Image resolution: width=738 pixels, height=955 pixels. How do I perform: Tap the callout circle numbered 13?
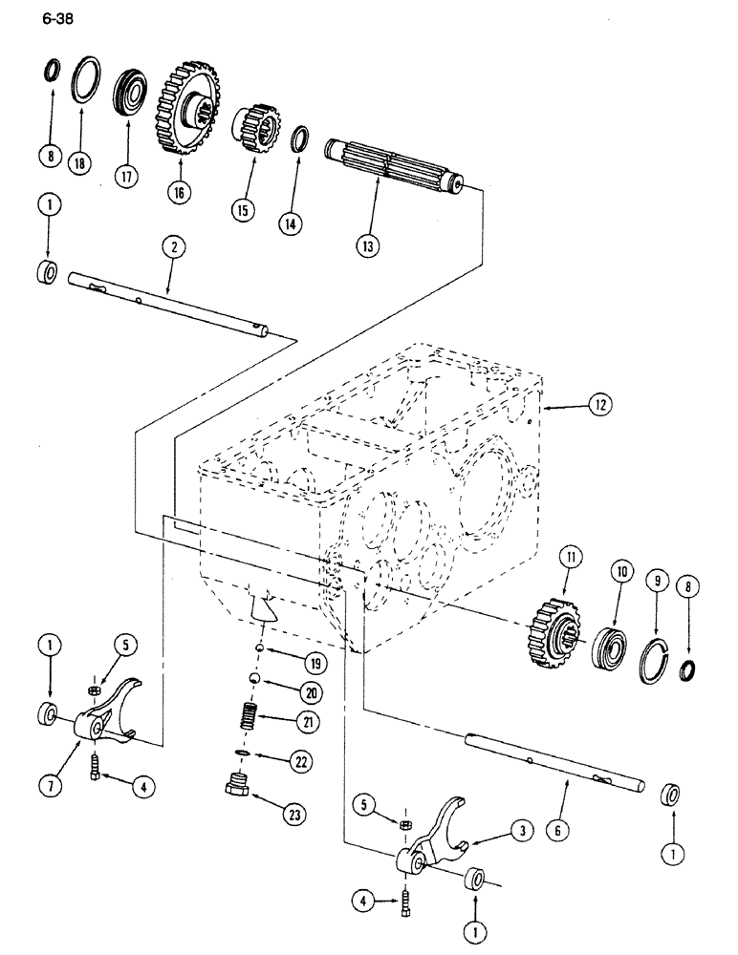[x=369, y=244]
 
